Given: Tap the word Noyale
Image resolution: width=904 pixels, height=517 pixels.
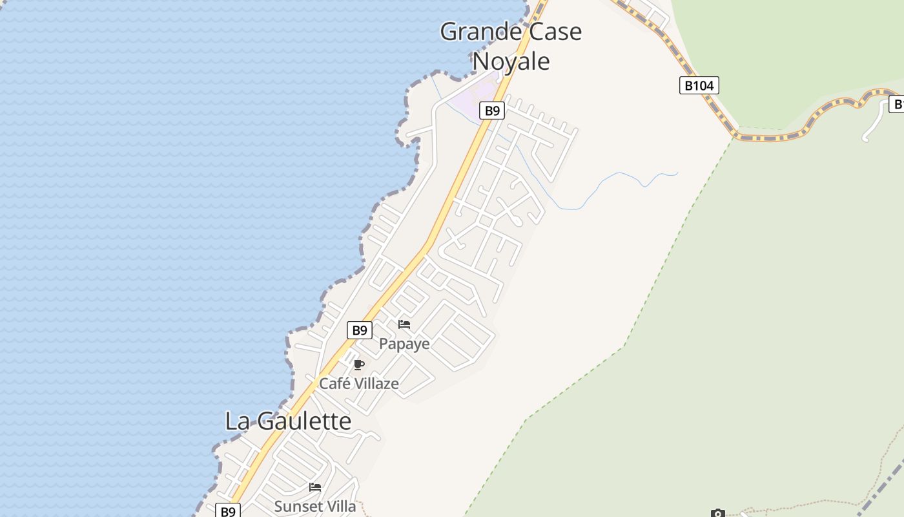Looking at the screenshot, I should point(511,61).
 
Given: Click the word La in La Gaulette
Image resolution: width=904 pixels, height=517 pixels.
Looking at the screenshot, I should point(236,421).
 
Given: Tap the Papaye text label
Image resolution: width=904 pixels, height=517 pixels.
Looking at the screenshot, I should point(404,344).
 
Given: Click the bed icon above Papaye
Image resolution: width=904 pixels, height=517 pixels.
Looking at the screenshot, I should point(404,324).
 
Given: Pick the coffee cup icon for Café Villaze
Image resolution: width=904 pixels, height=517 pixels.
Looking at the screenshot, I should point(359,365).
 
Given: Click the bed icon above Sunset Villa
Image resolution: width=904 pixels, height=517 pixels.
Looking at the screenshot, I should point(315,487).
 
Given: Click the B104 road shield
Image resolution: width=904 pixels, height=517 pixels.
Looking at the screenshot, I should point(699,85).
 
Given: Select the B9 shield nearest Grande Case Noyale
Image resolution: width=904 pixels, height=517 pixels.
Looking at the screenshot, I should point(492,111).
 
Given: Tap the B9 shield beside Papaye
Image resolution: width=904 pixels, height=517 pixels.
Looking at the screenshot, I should point(360,330).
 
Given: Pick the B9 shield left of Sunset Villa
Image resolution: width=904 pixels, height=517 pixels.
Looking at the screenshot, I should point(227,511).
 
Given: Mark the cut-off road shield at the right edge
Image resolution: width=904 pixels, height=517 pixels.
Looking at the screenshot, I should point(897,104).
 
